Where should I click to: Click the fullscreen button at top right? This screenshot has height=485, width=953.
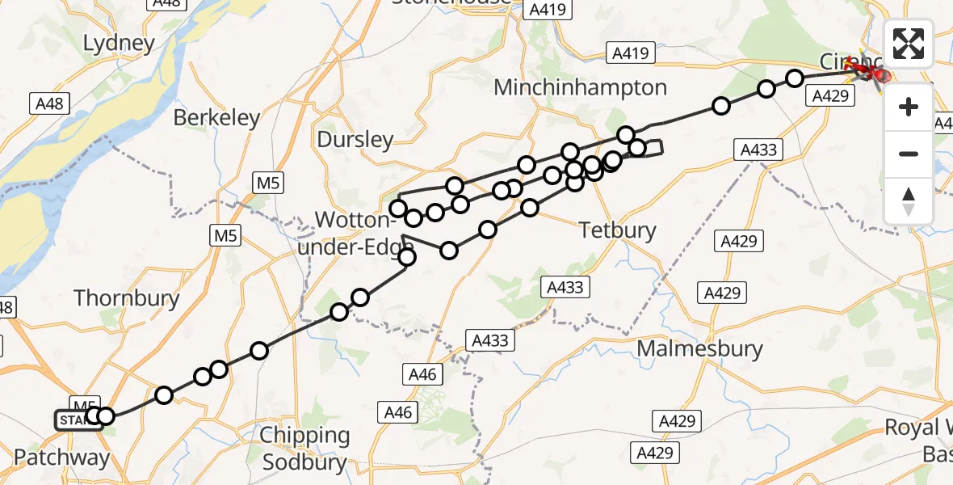pyautogui.click(x=909, y=44)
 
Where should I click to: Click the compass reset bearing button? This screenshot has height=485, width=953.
pyautogui.click(x=909, y=200)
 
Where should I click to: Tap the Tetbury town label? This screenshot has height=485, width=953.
pyautogui.click(x=618, y=230)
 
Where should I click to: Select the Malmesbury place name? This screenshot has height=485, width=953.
pyautogui.click(x=699, y=349)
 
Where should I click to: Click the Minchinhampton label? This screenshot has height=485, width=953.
pyautogui.click(x=580, y=87)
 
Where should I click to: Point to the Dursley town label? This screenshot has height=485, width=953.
pyautogui.click(x=355, y=140)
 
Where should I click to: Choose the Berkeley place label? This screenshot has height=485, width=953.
pyautogui.click(x=217, y=118)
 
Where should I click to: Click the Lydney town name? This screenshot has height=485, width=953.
pyautogui.click(x=119, y=43)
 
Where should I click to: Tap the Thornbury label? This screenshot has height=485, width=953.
pyautogui.click(x=127, y=298)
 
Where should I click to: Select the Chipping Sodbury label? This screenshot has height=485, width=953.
pyautogui.click(x=304, y=449)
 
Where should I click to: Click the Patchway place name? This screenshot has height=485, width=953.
pyautogui.click(x=61, y=458)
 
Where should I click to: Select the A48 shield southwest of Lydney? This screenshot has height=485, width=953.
pyautogui.click(x=49, y=103)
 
